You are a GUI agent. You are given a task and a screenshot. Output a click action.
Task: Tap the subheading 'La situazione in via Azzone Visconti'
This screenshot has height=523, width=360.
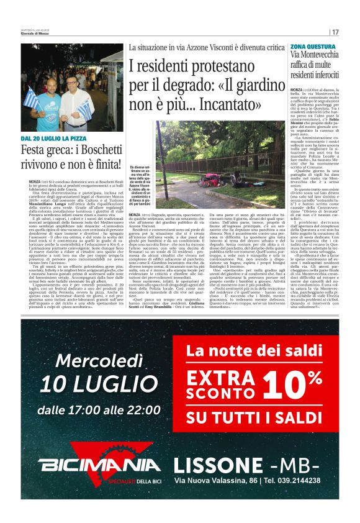[207, 47]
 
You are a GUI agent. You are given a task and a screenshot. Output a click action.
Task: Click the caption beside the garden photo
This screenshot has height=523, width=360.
[140, 185]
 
